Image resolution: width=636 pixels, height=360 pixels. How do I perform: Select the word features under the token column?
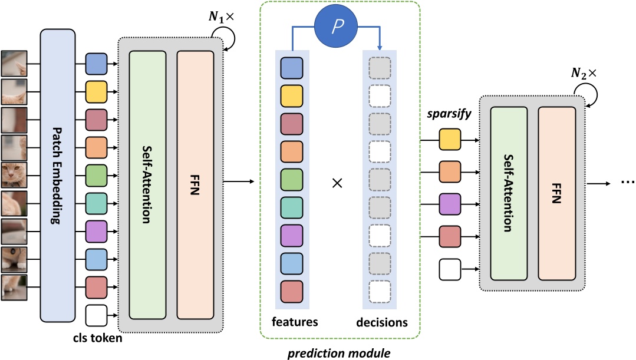(x=295, y=322)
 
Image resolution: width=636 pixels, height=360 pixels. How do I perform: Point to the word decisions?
(x=381, y=322)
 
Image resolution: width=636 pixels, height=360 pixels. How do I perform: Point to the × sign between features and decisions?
(x=337, y=183)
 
